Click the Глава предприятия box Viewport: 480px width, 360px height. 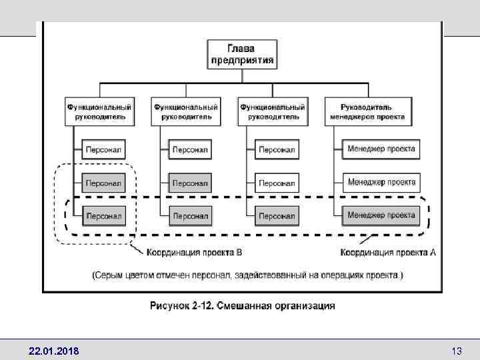pyautogui.click(x=241, y=53)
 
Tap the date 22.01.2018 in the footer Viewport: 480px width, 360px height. pyautogui.click(x=53, y=351)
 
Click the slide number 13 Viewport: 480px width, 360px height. pyautogui.click(x=457, y=351)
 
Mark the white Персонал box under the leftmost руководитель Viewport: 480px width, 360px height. pyautogui.click(x=104, y=149)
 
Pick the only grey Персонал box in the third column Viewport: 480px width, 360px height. pyautogui.click(x=277, y=216)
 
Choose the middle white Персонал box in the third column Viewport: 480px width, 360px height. pyautogui.click(x=277, y=183)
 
